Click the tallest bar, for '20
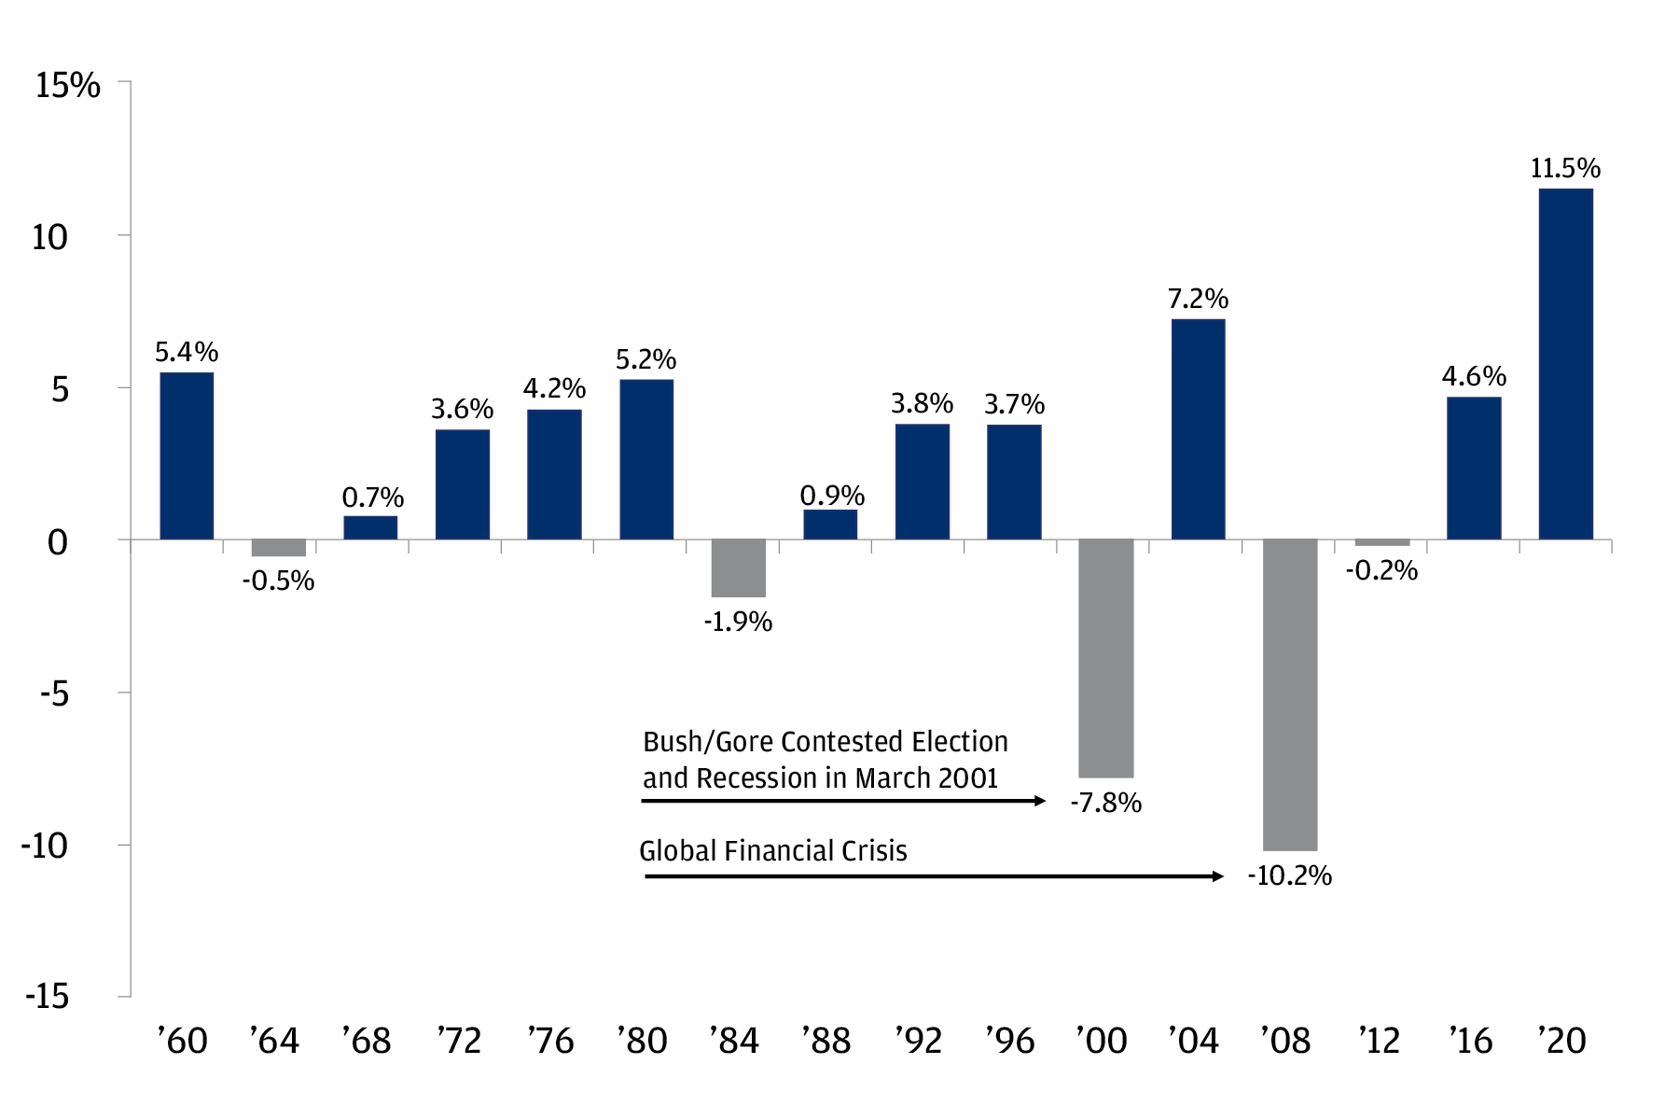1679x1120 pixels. pyautogui.click(x=1565, y=364)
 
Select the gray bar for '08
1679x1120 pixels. pyautogui.click(x=1290, y=694)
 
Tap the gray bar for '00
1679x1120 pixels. pyautogui.click(x=1106, y=658)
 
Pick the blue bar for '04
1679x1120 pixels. pyautogui.click(x=1198, y=429)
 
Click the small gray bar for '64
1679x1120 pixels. pyautogui.click(x=278, y=548)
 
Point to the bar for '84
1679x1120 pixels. pyautogui.click(x=738, y=567)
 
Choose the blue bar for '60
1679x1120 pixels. pyautogui.click(x=187, y=455)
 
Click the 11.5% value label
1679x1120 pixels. pyautogui.click(x=1565, y=169)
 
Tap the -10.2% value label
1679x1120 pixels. pyautogui.click(x=1289, y=876)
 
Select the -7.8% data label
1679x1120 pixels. pyautogui.click(x=1105, y=803)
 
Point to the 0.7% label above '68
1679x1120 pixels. pyautogui.click(x=372, y=497)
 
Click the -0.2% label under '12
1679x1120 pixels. pyautogui.click(x=1381, y=571)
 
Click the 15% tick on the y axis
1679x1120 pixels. pyautogui.click(x=67, y=86)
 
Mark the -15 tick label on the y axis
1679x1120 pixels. pyautogui.click(x=49, y=997)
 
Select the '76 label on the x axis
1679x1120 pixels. pyautogui.click(x=550, y=1041)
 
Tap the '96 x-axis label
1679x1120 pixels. pyautogui.click(x=1010, y=1041)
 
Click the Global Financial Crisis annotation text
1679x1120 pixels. pyautogui.click(x=772, y=851)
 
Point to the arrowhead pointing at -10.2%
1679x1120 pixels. pyautogui.click(x=1217, y=876)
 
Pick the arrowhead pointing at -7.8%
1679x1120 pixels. pyautogui.click(x=1040, y=801)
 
